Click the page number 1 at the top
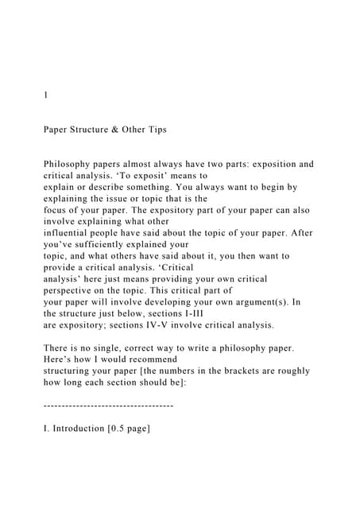(45, 95)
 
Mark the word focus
(59, 211)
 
